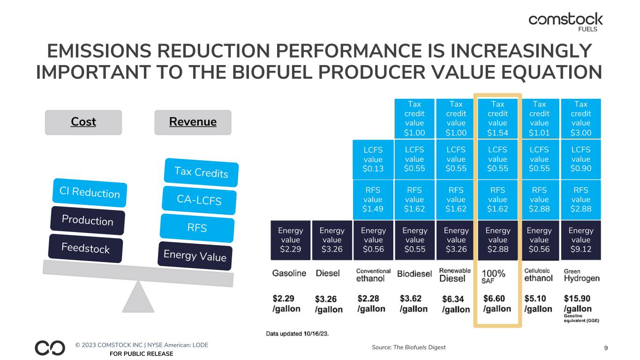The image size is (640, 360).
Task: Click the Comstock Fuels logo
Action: (x=565, y=21)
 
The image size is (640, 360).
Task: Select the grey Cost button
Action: (x=83, y=122)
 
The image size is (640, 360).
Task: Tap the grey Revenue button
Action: (x=193, y=122)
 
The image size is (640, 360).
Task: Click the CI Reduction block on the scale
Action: (x=90, y=193)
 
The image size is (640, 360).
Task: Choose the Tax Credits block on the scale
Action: (x=202, y=172)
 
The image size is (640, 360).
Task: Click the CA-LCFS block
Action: (x=199, y=201)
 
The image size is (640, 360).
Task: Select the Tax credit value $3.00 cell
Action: (x=580, y=118)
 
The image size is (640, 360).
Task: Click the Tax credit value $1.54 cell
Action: (x=497, y=118)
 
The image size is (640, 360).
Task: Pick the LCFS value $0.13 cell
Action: (x=373, y=159)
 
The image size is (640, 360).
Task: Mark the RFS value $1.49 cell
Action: (x=373, y=199)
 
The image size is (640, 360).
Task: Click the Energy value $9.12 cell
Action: (x=580, y=240)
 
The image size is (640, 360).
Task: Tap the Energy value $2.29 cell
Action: (x=290, y=240)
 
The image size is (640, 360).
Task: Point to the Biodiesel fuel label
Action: (x=414, y=274)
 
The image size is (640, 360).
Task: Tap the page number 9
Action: (x=606, y=348)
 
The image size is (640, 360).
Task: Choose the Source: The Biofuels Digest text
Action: (x=407, y=347)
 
